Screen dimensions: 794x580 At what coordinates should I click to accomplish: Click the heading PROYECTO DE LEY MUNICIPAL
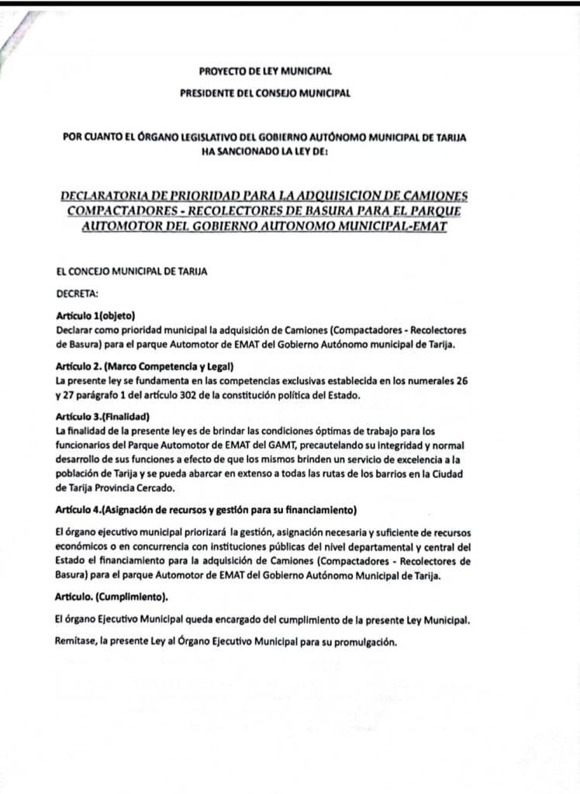tap(265, 71)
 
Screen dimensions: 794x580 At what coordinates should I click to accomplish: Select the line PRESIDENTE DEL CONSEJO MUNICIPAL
tap(265, 93)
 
